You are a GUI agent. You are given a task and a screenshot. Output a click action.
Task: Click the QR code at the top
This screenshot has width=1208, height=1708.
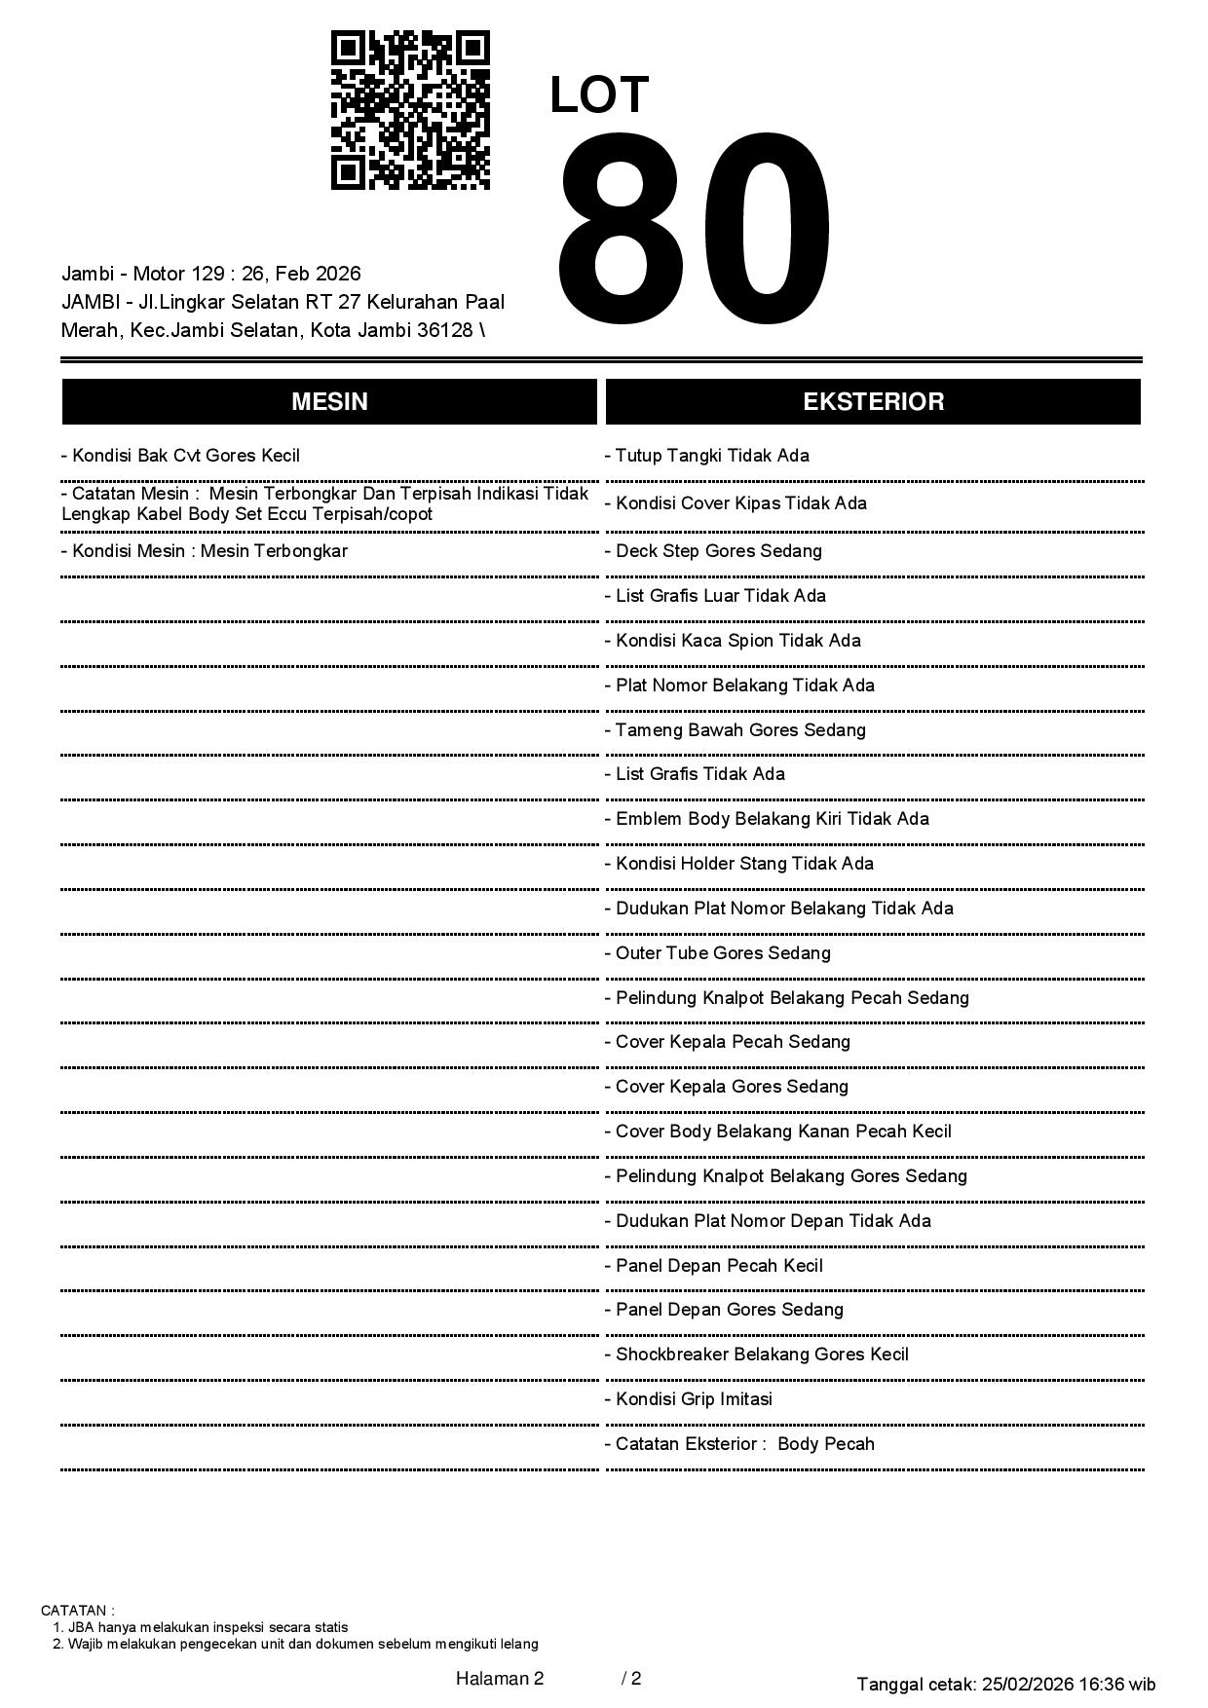(x=410, y=110)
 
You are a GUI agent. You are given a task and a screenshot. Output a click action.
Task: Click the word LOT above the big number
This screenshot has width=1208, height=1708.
(x=599, y=95)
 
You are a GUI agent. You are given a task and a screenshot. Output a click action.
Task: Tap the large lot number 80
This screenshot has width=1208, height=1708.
(x=694, y=231)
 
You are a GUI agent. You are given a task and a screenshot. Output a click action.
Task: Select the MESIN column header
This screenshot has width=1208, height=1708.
(x=329, y=402)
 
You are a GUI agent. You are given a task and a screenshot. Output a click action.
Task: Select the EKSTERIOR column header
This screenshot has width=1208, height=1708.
(x=873, y=402)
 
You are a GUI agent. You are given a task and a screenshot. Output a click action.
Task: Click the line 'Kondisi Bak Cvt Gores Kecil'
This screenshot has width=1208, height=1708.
(x=181, y=456)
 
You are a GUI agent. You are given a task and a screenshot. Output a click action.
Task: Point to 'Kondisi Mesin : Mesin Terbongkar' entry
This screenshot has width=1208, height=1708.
(x=205, y=551)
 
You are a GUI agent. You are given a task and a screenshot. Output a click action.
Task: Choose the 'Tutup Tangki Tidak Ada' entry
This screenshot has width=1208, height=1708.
(x=707, y=456)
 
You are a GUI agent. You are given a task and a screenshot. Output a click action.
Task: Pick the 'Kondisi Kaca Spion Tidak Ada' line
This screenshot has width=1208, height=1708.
(x=734, y=641)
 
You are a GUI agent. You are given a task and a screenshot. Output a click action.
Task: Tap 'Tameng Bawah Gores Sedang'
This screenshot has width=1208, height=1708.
(x=736, y=730)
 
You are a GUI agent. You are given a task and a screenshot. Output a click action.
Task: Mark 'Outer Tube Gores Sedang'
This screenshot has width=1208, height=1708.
(x=718, y=953)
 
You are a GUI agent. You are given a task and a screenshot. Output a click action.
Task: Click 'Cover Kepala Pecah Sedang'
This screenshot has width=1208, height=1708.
(x=728, y=1042)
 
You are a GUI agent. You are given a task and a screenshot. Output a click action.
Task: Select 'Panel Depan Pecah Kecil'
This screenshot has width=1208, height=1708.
(x=714, y=1266)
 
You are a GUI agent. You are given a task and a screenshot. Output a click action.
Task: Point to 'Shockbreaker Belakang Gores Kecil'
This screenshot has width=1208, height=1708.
(x=757, y=1355)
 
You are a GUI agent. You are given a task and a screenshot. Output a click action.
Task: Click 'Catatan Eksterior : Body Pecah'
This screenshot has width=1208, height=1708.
(x=740, y=1444)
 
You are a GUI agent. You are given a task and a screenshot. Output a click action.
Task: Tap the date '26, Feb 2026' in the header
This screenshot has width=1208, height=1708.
(x=301, y=274)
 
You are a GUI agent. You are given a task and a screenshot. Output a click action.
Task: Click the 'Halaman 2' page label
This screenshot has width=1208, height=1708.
(x=500, y=1678)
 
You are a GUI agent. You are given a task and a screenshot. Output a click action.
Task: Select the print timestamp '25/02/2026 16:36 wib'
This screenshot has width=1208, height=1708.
(x=1069, y=1684)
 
